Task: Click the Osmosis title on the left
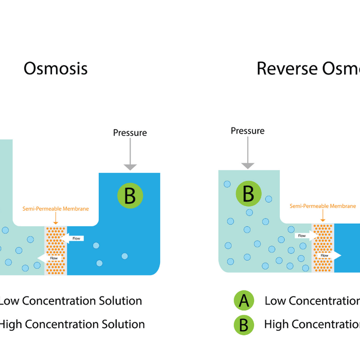click(x=56, y=68)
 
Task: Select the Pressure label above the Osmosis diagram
click(x=130, y=133)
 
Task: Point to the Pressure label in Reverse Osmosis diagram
click(x=247, y=131)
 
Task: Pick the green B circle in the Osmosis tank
click(x=130, y=195)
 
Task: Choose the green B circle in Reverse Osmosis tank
click(x=248, y=194)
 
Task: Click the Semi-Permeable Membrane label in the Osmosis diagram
click(x=56, y=209)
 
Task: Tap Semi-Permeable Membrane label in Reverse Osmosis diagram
click(x=322, y=206)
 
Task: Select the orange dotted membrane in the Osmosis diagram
click(x=56, y=250)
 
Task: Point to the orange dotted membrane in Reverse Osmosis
click(x=323, y=247)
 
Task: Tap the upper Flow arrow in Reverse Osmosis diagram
click(x=305, y=236)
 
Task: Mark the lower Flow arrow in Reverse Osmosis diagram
click(x=328, y=255)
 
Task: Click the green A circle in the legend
click(x=244, y=301)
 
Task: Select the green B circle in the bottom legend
click(x=244, y=325)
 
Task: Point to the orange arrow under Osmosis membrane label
click(x=56, y=219)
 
